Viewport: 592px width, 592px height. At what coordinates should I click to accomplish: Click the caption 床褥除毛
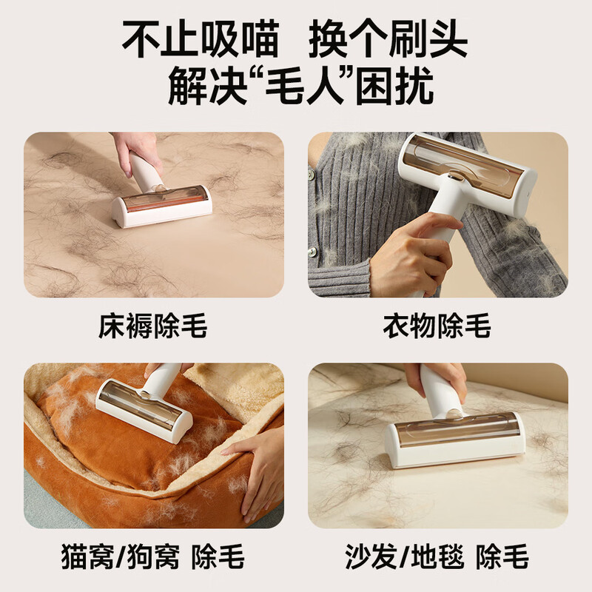153,326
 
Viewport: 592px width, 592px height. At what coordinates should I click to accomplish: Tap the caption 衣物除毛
437,326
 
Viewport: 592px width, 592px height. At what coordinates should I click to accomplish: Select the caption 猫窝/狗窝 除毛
153,556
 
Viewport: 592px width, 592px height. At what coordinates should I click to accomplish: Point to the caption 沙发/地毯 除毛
437,556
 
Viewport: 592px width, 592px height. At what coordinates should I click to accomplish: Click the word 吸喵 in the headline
240,39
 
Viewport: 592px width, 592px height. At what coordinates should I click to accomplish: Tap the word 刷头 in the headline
428,39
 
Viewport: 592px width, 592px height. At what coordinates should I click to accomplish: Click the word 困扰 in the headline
394,86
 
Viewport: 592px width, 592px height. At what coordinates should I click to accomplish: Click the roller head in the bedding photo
161,206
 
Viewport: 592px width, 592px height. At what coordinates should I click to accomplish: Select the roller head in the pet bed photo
144,411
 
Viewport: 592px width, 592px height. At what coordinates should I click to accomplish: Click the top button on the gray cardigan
311,175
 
